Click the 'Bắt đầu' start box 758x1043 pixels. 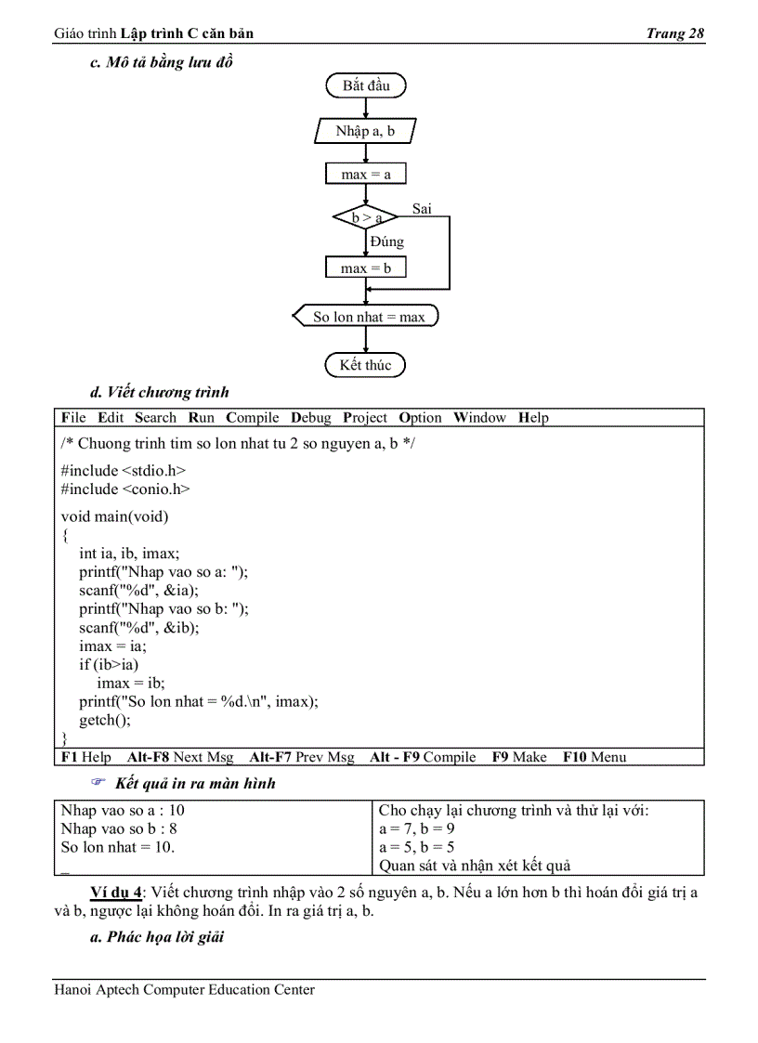click(x=366, y=86)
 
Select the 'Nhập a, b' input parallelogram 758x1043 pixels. click(x=365, y=131)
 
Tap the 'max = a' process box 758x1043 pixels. click(x=366, y=175)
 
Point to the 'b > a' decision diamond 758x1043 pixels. click(x=366, y=218)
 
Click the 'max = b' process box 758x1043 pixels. click(x=366, y=268)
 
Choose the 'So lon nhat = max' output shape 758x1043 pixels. click(x=368, y=317)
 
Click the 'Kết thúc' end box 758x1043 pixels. click(x=365, y=365)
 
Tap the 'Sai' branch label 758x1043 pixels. click(x=422, y=209)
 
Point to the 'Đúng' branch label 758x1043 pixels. click(x=386, y=241)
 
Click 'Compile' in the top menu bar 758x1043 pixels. click(x=253, y=418)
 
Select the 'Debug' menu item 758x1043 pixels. click(x=310, y=418)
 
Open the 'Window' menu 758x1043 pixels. click(x=479, y=418)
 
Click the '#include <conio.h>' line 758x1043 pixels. click(x=125, y=489)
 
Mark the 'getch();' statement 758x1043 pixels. click(x=105, y=720)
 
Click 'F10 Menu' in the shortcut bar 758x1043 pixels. click(x=595, y=757)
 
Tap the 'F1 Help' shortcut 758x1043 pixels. click(x=86, y=757)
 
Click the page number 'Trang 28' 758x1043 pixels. click(x=675, y=34)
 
